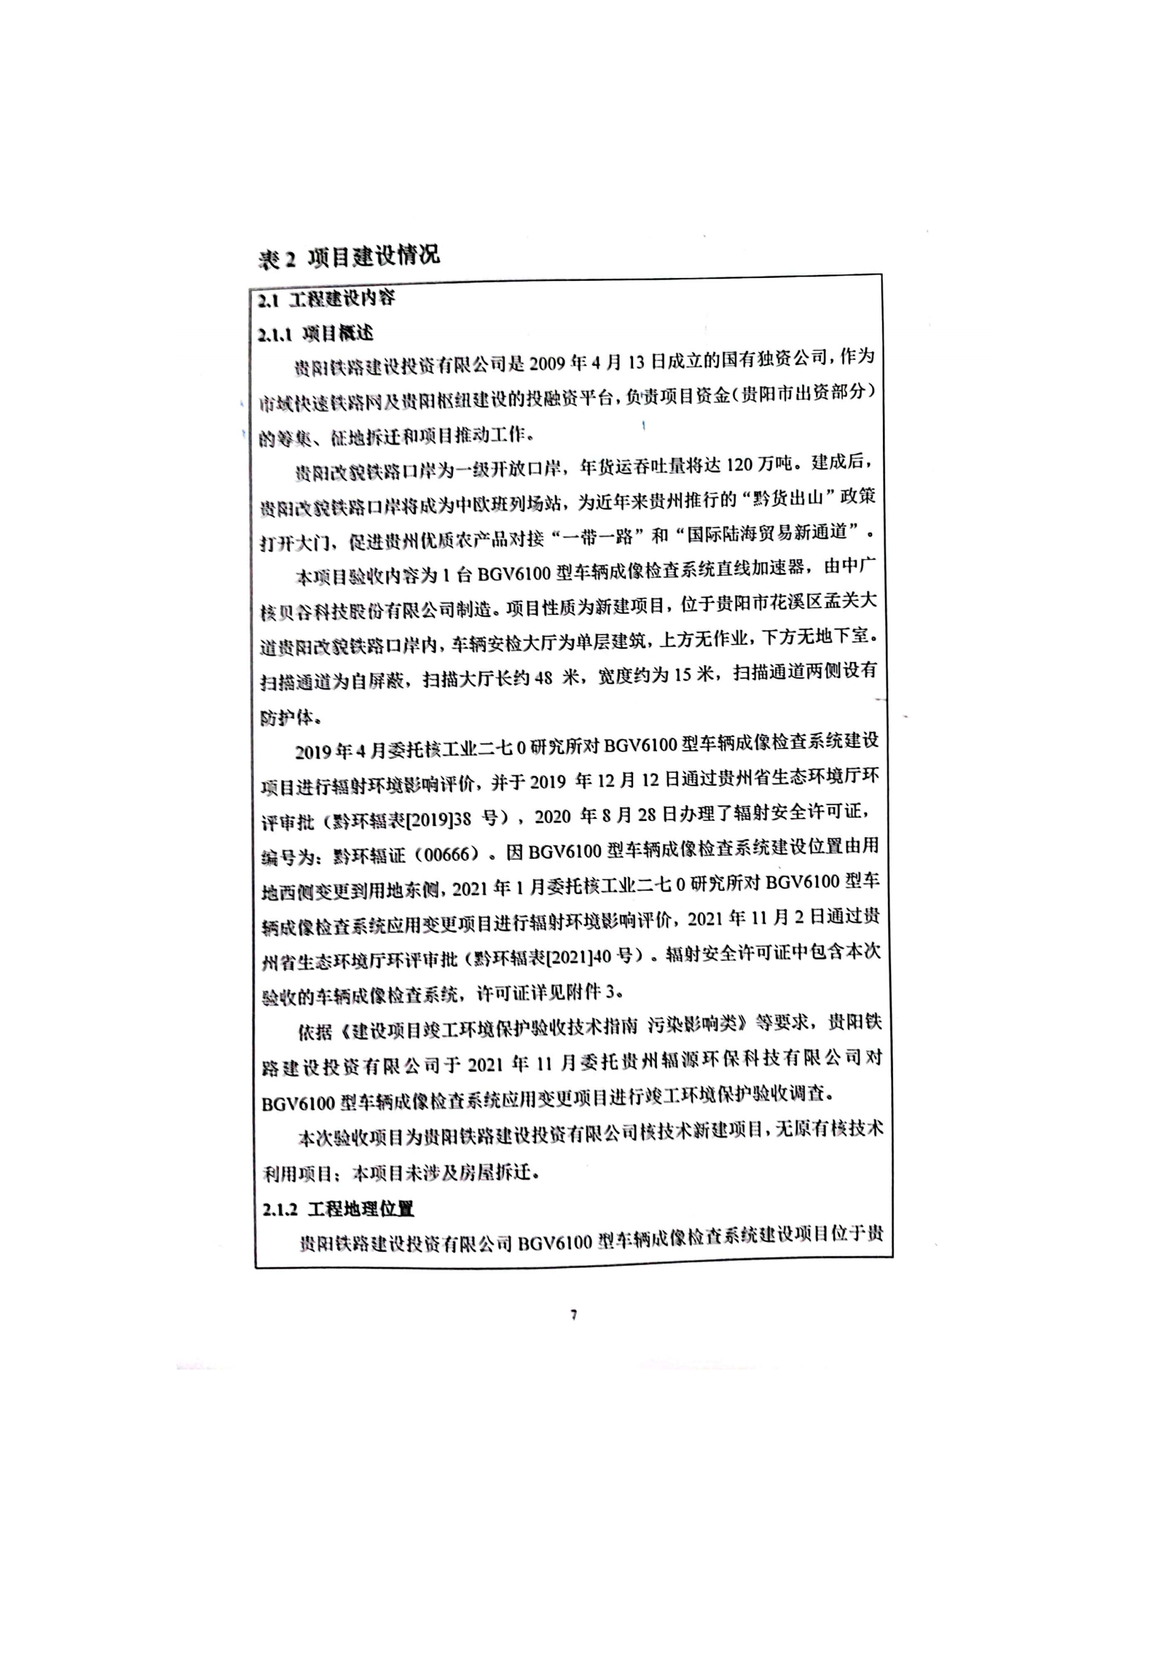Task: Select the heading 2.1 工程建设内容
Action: click(327, 298)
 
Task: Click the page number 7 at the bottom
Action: click(574, 1315)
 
